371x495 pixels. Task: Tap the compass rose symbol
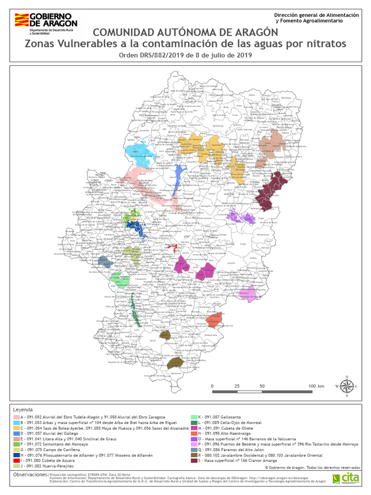(x=346, y=386)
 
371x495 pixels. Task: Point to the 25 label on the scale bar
(x=237, y=386)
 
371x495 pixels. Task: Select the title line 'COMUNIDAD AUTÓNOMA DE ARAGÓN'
(x=185, y=32)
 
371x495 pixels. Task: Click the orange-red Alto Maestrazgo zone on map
(x=214, y=320)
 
